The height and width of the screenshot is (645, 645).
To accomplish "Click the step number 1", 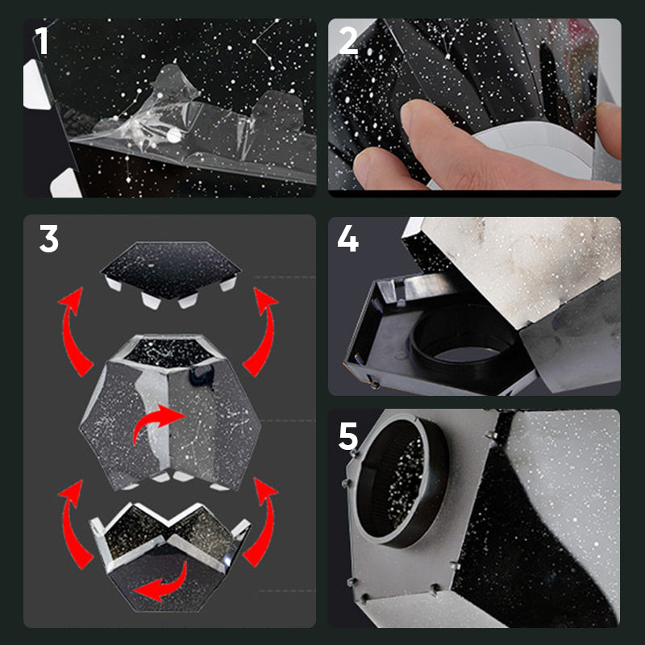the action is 42,40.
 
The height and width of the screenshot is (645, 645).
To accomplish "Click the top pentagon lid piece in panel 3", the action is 171,269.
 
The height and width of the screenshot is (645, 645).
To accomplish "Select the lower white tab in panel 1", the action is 66,184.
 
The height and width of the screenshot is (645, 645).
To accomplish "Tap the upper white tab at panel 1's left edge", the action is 35,85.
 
